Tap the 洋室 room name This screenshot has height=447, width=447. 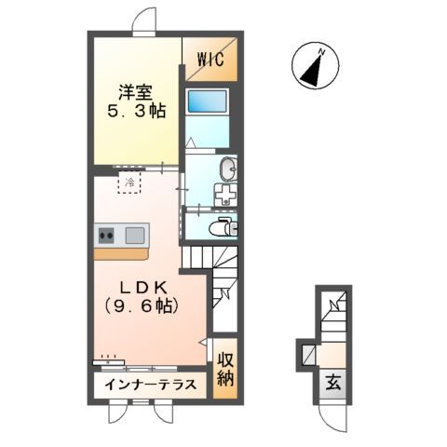134,93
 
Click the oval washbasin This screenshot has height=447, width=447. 229,169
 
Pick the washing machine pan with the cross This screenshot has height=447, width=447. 226,195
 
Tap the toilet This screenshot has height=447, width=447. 223,227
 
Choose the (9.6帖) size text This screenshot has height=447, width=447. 140,305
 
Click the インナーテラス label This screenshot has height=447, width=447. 149,385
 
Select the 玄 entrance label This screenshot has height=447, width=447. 332,381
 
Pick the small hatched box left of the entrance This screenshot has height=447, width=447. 304,355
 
